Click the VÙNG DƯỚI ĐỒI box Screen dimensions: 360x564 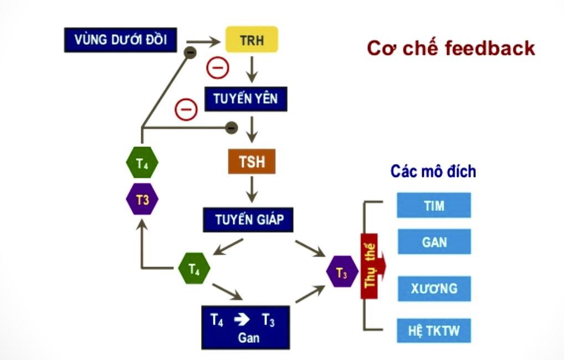click(120, 40)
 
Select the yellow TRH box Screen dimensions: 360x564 click(251, 40)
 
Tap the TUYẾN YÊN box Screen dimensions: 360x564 click(245, 99)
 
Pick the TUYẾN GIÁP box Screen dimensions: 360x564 click(247, 219)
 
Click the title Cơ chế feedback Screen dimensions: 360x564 click(450, 48)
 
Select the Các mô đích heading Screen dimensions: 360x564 click(433, 171)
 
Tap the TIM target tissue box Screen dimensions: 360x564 click(434, 205)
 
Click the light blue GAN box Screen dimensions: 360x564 click(434, 242)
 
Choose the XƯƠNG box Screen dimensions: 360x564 click(434, 289)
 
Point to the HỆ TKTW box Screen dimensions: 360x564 click(434, 331)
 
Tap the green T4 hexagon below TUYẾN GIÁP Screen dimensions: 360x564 click(194, 269)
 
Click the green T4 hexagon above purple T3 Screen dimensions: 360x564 click(142, 163)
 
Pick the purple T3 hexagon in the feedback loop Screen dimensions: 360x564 click(142, 199)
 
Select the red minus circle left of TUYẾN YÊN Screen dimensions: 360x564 click(186, 109)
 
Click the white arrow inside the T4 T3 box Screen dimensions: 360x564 click(242, 320)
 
